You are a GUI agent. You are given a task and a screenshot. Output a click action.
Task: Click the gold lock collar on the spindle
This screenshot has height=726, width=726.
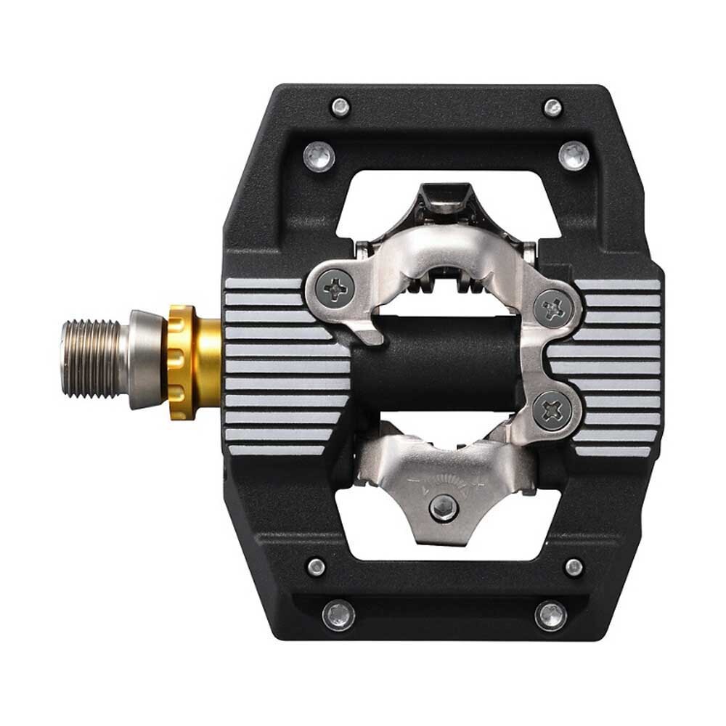[187, 361]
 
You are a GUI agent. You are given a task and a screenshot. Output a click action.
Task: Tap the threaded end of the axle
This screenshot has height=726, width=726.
[90, 359]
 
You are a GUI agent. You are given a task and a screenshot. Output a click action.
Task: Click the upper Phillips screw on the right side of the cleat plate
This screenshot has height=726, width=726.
[555, 308]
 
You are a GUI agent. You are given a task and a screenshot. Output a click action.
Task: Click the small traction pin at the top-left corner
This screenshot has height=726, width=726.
[340, 107]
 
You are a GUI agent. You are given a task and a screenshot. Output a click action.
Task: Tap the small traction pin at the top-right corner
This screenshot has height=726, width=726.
[553, 107]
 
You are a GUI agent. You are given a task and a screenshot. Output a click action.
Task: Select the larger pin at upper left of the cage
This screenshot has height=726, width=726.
[319, 156]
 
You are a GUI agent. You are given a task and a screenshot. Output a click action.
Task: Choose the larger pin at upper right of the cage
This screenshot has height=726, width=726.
[574, 155]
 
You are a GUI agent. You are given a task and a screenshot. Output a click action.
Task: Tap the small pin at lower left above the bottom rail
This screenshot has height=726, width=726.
[316, 567]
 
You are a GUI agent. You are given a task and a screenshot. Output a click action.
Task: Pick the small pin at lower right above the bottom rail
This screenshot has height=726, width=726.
[574, 566]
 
